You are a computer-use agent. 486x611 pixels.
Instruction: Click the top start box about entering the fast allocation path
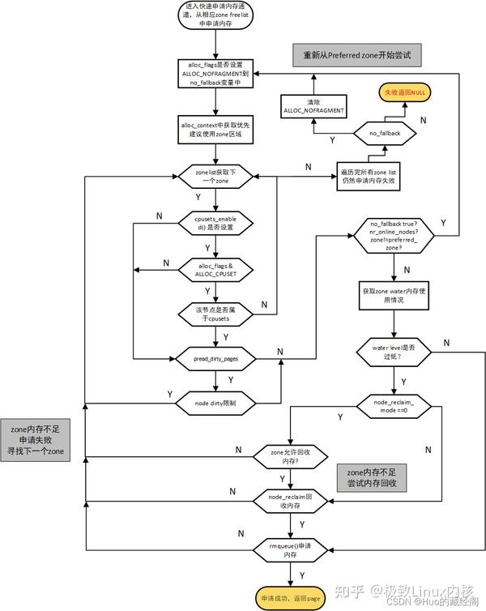pos(215,15)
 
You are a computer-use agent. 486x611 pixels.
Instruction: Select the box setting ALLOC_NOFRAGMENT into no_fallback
pos(215,74)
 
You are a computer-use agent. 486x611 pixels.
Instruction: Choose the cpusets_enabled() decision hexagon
pos(215,224)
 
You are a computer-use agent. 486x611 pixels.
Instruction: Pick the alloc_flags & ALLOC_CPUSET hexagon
pos(215,269)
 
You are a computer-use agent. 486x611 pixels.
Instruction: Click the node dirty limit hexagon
pos(215,402)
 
